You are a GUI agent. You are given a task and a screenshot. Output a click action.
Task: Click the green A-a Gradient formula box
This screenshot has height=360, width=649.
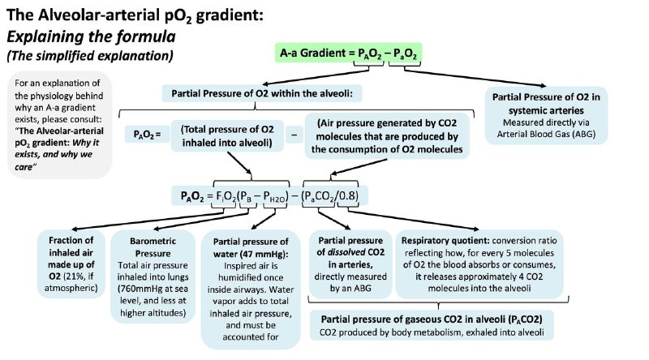coord(349,53)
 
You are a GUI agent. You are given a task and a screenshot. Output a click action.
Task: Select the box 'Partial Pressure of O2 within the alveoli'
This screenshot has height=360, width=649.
coord(261,93)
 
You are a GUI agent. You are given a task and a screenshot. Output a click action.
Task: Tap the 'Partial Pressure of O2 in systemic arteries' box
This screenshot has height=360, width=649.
coord(546,115)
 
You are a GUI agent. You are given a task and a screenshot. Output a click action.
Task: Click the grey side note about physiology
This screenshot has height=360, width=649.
coord(59,125)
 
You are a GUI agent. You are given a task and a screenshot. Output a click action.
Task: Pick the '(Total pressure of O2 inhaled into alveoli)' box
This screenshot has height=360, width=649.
coord(227,135)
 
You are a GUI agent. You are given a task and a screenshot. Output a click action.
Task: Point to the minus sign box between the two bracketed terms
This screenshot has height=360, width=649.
coord(294,135)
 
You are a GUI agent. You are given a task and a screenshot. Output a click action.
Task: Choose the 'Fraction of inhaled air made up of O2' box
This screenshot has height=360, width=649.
coord(71,264)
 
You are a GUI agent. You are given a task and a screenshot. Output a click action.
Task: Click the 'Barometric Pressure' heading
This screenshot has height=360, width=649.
coord(153,247)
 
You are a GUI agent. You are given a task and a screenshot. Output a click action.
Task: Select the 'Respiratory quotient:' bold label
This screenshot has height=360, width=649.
coord(445,241)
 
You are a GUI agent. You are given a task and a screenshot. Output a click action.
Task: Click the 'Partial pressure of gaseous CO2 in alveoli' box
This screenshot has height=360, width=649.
coord(432,325)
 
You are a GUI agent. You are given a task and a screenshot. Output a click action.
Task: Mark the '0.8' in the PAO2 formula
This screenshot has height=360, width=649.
coord(347,195)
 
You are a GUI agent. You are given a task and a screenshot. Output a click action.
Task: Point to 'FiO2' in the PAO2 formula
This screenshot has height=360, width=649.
coord(226,196)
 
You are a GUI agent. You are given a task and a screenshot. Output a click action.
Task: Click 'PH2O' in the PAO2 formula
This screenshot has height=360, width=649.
coord(273,196)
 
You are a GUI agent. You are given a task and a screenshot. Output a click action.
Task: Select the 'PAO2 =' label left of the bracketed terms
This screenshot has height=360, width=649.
coord(147,135)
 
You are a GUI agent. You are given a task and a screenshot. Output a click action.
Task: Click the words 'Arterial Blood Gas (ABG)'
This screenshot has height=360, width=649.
coord(546,134)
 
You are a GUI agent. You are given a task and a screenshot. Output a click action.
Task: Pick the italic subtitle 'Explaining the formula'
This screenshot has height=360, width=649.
coord(91,36)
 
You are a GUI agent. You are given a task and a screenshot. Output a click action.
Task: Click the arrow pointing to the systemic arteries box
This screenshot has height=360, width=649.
coord(475,78)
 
